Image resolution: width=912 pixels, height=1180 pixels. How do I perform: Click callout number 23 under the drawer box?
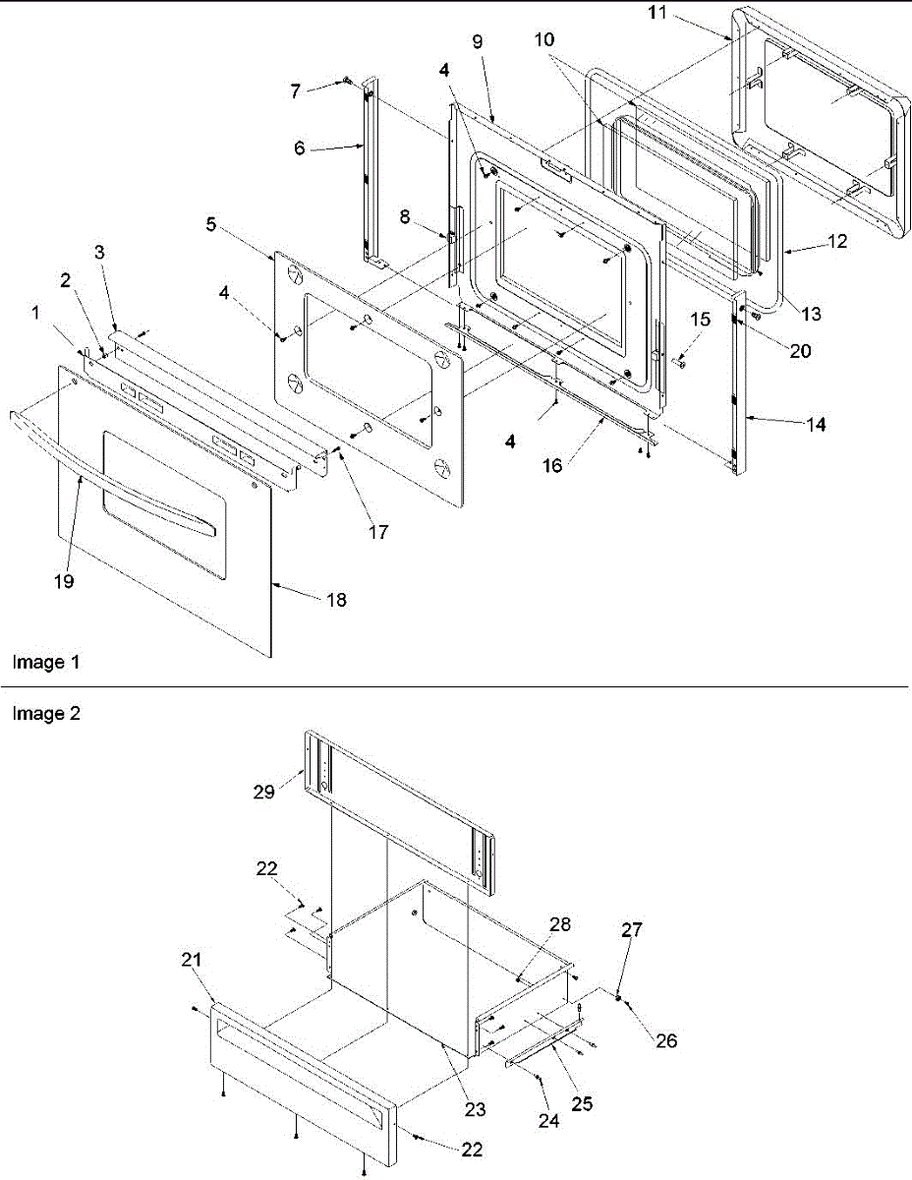click(x=475, y=1109)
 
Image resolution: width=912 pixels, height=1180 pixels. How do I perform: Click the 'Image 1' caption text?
click(x=45, y=663)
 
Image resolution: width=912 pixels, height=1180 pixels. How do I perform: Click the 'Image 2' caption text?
click(x=45, y=715)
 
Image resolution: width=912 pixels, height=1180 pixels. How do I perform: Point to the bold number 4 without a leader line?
click(x=510, y=443)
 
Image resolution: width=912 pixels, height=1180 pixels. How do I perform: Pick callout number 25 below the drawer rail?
click(x=582, y=1105)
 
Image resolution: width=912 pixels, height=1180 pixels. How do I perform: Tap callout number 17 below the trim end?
click(x=378, y=532)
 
